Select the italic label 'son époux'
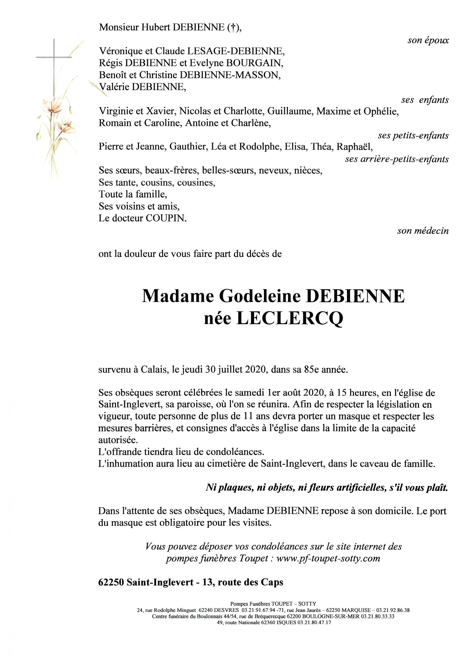point(428,41)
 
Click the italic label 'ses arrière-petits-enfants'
point(397,159)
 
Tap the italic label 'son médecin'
point(423,231)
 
